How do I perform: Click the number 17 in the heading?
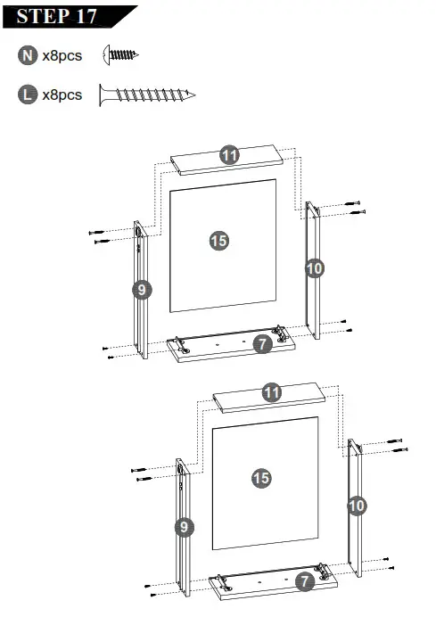click(96, 16)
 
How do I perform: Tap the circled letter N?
click(27, 55)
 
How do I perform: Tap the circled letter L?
click(27, 95)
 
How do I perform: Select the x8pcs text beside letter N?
click(62, 55)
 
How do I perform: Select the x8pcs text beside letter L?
click(62, 95)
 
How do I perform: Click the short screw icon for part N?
click(121, 55)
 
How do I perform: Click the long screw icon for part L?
click(147, 94)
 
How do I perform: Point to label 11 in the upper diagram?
click(230, 155)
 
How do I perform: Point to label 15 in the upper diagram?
click(218, 240)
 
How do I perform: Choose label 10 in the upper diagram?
click(314, 267)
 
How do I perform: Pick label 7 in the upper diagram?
click(261, 343)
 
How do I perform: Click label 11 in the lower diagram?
click(272, 391)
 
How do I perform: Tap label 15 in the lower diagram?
click(260, 478)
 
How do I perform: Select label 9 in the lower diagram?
click(184, 527)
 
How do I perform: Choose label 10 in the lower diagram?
click(356, 506)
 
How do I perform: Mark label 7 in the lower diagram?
click(304, 581)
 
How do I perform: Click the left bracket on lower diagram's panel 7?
click(224, 580)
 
